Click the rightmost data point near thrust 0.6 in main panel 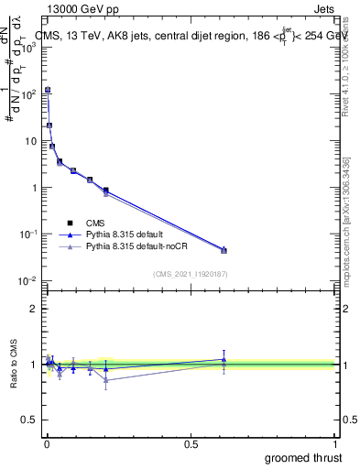[224, 250]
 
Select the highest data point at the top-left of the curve [47, 90]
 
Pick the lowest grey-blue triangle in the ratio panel [106, 379]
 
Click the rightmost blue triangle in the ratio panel [224, 359]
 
